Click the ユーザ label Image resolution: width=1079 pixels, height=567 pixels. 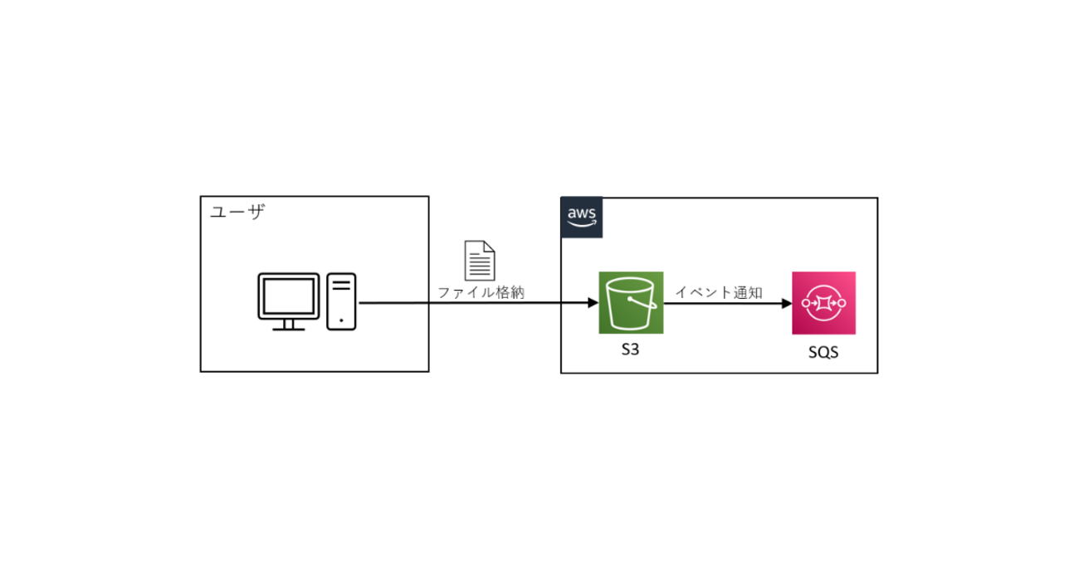[x=237, y=213]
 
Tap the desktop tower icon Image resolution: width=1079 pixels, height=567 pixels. [x=341, y=301]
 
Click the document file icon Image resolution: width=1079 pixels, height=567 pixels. [x=480, y=260]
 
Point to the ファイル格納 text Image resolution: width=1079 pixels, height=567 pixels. [x=481, y=292]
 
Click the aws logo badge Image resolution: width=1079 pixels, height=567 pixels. [x=582, y=218]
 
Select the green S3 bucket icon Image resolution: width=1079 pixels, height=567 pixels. [x=631, y=303]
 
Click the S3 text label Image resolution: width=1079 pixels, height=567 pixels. [x=630, y=350]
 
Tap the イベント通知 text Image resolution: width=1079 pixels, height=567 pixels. [x=719, y=292]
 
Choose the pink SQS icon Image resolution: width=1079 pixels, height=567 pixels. [x=823, y=303]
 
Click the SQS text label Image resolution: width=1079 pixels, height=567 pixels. [x=823, y=352]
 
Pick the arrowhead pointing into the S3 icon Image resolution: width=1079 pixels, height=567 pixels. [x=593, y=304]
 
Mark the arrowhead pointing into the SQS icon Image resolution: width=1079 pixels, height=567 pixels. [x=785, y=304]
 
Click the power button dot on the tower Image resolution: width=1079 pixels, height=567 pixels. [x=341, y=319]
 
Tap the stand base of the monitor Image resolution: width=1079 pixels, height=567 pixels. [x=289, y=328]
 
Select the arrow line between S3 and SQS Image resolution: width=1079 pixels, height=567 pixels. [x=722, y=304]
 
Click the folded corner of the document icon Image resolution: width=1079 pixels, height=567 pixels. [x=491, y=247]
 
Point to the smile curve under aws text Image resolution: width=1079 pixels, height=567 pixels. [x=582, y=224]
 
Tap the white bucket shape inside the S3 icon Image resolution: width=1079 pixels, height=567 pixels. [x=629, y=305]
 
